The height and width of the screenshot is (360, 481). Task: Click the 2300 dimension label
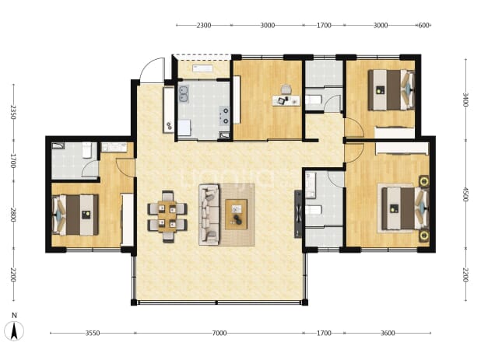click(204, 25)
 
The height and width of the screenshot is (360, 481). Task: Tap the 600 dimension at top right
click(423, 25)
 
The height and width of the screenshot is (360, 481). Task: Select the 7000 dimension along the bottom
click(219, 333)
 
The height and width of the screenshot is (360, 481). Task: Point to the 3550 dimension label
click(93, 333)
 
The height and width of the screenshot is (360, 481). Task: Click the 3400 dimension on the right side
click(465, 100)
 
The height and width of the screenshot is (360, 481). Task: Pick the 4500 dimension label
click(465, 194)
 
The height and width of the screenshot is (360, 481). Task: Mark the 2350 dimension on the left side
click(13, 112)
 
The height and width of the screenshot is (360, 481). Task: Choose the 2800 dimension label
click(13, 215)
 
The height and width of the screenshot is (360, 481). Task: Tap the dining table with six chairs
click(167, 216)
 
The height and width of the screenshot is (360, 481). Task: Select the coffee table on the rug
click(236, 215)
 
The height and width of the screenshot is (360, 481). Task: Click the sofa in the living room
click(209, 215)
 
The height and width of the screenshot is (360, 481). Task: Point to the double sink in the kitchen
click(184, 94)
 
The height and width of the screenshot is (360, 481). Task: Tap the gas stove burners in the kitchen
click(224, 116)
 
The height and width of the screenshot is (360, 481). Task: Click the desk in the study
click(286, 100)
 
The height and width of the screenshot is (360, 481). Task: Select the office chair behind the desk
click(286, 89)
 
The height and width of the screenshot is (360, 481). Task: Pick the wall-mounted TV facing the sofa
click(298, 214)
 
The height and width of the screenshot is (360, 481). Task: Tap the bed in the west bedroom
click(75, 215)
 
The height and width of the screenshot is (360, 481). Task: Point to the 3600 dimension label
click(388, 333)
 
